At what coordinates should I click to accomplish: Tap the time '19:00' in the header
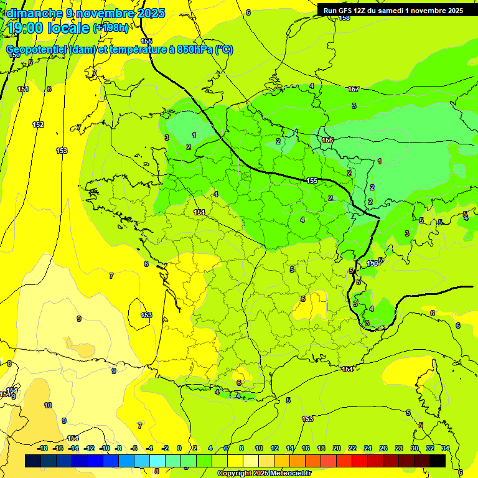point(26,28)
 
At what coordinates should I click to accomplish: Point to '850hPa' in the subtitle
point(192,50)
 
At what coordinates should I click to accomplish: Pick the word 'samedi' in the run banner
point(393,11)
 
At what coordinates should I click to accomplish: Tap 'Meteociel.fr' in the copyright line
point(288,474)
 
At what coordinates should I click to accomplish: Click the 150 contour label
point(14,55)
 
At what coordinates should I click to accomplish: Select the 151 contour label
point(23,90)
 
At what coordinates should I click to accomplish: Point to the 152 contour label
point(38,125)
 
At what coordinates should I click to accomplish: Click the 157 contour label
point(354,90)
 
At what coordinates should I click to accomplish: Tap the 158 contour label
point(344,18)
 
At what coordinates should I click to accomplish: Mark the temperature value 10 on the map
point(48,405)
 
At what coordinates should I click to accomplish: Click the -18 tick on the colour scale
point(42,448)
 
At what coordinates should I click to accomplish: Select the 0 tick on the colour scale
point(179,448)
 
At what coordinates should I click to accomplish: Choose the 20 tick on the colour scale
point(337,448)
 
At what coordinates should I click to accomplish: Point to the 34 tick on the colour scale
point(446,448)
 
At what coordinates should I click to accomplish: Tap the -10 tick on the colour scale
point(105,448)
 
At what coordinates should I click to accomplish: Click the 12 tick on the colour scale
point(274,448)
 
